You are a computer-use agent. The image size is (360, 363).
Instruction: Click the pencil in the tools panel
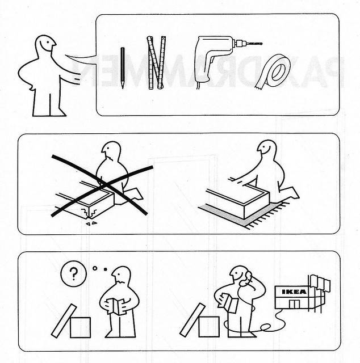(122, 67)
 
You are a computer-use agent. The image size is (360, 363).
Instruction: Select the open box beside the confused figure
(79, 327)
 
